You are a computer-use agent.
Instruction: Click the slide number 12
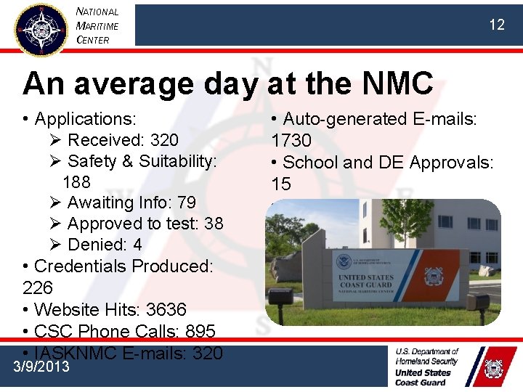496,25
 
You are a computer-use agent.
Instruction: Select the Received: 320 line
122,139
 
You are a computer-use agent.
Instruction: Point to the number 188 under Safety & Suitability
76,181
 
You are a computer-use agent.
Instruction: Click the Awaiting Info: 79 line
131,203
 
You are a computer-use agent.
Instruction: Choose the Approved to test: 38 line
145,224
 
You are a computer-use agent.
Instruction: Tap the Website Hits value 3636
166,309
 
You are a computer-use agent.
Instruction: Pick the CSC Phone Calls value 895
200,331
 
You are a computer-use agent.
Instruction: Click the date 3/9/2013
42,367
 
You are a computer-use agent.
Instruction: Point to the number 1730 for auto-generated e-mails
291,140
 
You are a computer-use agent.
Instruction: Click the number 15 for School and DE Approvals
281,184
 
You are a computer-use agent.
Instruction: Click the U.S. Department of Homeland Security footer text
427,356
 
